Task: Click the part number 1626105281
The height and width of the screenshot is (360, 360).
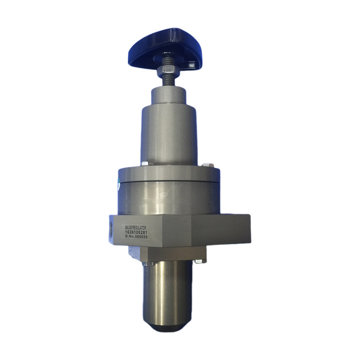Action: click(136, 232)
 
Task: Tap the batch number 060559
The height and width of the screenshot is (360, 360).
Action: click(141, 237)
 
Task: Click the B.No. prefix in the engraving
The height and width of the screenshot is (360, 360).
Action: click(130, 237)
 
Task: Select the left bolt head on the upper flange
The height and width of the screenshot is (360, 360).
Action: click(144, 164)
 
